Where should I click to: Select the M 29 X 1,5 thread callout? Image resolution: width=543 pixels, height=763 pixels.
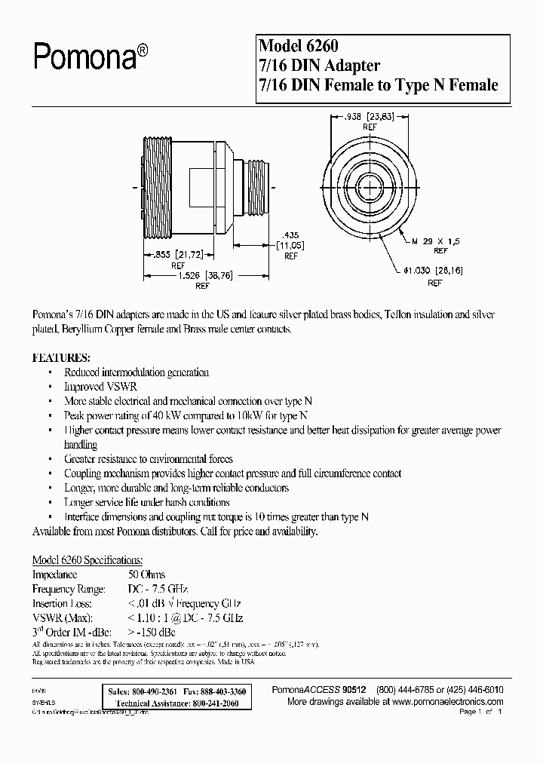point(435,242)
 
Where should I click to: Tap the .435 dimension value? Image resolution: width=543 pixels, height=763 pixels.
point(289,234)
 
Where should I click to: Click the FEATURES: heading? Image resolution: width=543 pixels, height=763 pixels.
point(61,357)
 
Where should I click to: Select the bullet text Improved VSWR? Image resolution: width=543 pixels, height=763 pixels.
point(95,387)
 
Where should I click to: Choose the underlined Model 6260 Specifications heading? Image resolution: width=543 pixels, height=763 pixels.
point(87,560)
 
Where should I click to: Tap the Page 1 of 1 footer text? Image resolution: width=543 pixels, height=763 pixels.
point(480,712)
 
